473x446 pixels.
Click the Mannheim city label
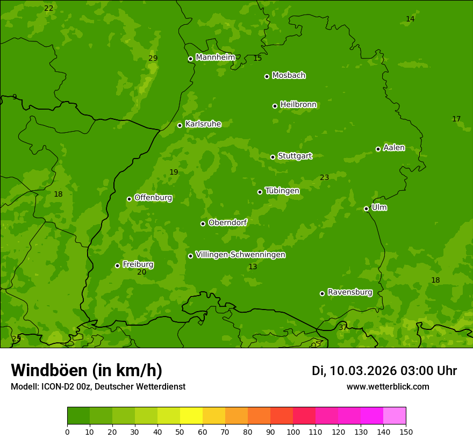[x=215, y=57]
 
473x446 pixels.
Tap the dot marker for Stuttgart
[x=273, y=157]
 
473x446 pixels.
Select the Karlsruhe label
[x=203, y=124]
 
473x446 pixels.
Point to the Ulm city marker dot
[x=366, y=208]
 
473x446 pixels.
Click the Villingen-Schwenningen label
[x=240, y=255]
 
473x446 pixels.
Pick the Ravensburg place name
[x=349, y=292]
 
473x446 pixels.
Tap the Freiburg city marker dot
[x=117, y=265]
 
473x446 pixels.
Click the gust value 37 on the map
[x=343, y=327]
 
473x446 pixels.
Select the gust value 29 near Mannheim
[x=153, y=58]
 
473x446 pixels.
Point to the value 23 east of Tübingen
[x=324, y=177]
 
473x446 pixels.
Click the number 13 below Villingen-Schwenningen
[x=253, y=267]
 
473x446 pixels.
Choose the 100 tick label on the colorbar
[x=293, y=431]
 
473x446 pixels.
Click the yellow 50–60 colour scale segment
[x=191, y=416]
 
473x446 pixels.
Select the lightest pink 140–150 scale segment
[x=395, y=416]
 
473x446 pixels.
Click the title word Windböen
[x=48, y=370]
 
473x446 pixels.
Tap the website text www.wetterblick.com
[x=388, y=386]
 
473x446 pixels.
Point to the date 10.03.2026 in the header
[x=363, y=371]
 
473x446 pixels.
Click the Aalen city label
[x=393, y=148]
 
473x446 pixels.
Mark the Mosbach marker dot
[x=267, y=76]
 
